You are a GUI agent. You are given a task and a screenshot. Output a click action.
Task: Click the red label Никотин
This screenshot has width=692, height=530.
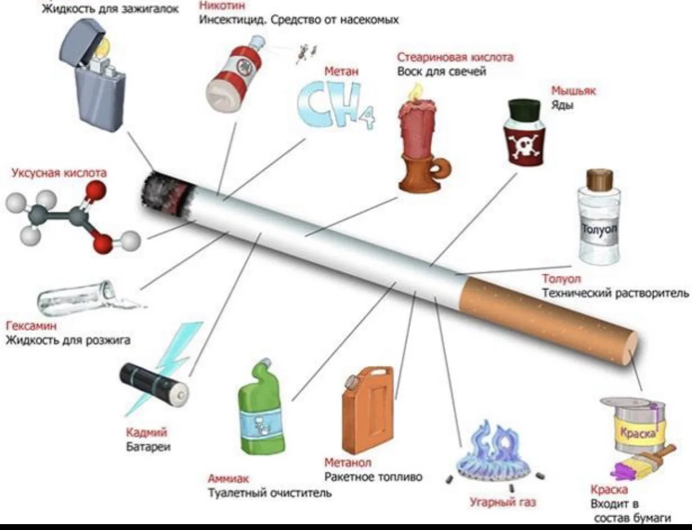(222, 5)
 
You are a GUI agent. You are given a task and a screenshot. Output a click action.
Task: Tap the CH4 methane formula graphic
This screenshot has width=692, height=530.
(336, 105)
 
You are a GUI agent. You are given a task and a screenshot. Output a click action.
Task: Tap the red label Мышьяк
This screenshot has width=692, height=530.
(573, 91)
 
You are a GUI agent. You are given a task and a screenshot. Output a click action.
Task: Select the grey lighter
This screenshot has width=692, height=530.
(93, 75)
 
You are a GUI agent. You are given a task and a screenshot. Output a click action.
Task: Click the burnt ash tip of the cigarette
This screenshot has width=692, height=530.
(166, 195)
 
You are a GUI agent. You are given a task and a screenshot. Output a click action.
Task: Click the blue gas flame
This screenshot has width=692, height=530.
(493, 452)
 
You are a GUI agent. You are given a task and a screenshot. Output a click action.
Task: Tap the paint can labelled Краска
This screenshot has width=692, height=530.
(634, 425)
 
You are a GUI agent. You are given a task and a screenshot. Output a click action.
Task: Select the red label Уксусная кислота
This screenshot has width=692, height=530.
(59, 173)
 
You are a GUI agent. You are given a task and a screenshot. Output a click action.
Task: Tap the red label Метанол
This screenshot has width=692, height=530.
(348, 462)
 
